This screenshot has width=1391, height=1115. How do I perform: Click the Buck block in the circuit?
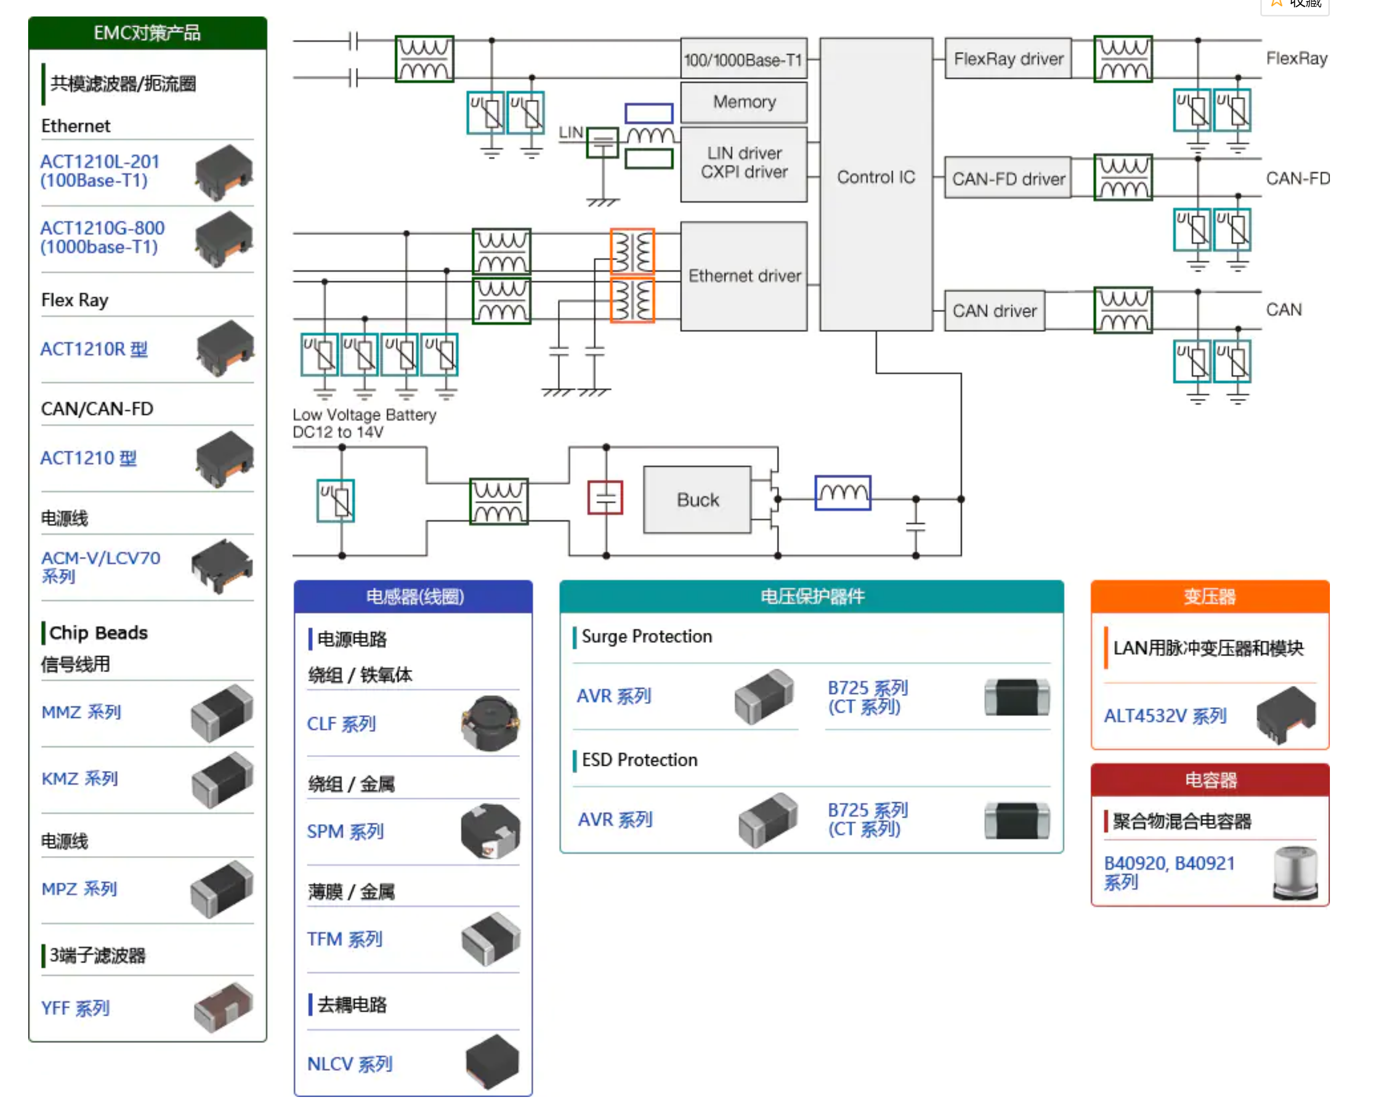pos(698,500)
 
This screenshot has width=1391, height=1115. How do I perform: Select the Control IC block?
pos(876,184)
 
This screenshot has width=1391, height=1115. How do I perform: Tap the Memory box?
pos(744,102)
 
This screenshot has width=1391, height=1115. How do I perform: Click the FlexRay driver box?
pos(1008,58)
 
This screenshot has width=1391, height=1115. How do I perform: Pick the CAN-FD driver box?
pos(1008,178)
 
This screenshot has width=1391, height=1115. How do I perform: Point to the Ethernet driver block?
pos(744,276)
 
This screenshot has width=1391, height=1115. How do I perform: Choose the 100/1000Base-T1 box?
pos(744,60)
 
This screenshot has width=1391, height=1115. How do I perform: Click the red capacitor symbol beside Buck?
pos(605,498)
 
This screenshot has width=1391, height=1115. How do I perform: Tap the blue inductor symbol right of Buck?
pos(843,493)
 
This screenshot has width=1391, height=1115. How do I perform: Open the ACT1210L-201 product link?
pos(99,171)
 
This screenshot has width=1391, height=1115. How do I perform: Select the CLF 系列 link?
pos(341,724)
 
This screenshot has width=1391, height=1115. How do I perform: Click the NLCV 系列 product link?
pos(350,1064)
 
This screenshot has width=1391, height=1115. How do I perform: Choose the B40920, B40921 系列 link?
pos(1169,872)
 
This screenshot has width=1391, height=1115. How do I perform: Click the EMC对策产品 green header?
pos(148,33)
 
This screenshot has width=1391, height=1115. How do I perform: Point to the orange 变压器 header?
pos(1210,597)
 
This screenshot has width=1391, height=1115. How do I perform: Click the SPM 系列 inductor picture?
pos(490,831)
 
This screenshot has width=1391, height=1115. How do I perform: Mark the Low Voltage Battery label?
pos(364,415)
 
